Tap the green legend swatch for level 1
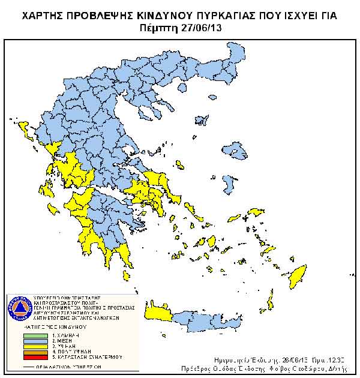(x=37, y=335)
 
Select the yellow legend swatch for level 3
(x=37, y=346)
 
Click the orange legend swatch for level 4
(x=37, y=352)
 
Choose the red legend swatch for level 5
(x=37, y=357)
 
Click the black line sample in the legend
(x=37, y=365)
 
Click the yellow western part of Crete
(x=159, y=313)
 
